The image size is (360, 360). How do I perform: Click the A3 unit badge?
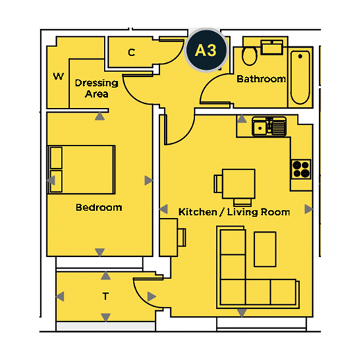(x=206, y=50)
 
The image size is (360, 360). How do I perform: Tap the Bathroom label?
(x=261, y=79)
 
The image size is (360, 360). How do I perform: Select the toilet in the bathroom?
(x=249, y=55)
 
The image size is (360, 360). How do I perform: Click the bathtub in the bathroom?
(x=300, y=78)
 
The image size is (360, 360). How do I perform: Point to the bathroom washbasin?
(x=272, y=47)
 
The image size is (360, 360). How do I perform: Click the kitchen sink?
(x=269, y=126)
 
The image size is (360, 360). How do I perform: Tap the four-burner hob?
(x=300, y=169)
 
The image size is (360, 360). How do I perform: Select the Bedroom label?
(x=99, y=208)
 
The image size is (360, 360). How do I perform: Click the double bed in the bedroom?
(x=81, y=170)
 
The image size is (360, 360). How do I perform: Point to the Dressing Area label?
(x=96, y=89)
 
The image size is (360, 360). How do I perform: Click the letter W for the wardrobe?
(x=58, y=76)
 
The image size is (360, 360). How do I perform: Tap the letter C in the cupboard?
(x=132, y=53)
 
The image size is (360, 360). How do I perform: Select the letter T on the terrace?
(x=105, y=296)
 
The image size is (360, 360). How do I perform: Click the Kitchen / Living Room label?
(x=234, y=212)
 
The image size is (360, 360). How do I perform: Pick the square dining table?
(x=239, y=183)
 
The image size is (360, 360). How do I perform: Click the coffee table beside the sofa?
(x=265, y=249)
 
